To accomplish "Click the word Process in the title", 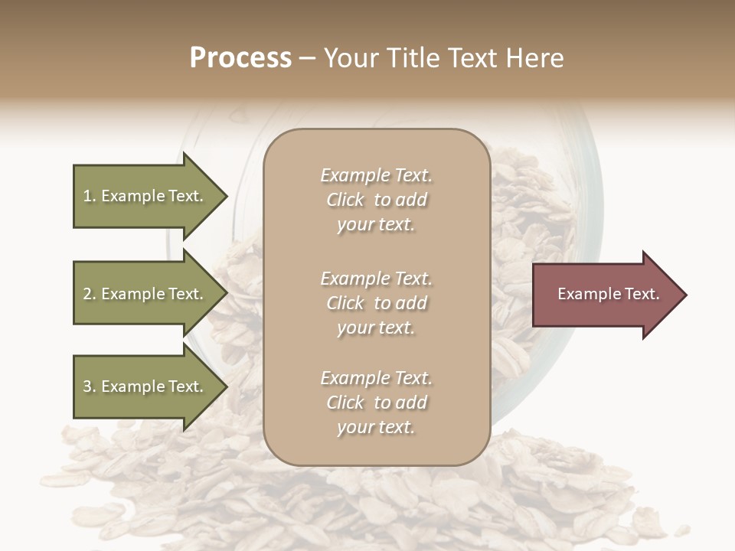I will coord(240,58).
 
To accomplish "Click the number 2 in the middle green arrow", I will coord(87,294).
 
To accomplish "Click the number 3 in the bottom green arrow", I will coord(87,386).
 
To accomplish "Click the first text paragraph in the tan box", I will coord(376,200).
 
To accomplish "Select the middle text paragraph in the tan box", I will coord(376,303).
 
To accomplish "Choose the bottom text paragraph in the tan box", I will coord(376,403).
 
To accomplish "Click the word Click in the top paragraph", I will coord(345,200).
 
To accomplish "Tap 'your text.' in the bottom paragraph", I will coord(376,427).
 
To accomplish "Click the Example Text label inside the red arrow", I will coord(608,294).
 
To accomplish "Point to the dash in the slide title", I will coord(307,59).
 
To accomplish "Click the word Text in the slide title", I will coord(466,58).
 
